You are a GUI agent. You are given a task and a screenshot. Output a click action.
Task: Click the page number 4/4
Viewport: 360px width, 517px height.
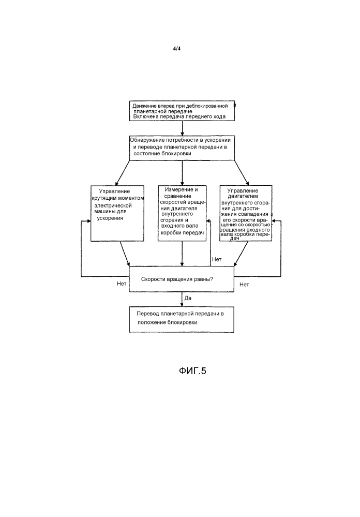click(x=177, y=49)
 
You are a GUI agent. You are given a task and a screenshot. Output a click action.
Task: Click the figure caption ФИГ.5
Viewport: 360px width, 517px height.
click(x=192, y=371)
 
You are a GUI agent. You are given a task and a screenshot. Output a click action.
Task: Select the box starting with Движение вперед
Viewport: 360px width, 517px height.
click(x=182, y=111)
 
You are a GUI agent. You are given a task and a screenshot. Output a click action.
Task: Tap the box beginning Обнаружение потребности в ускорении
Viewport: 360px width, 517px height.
click(x=182, y=148)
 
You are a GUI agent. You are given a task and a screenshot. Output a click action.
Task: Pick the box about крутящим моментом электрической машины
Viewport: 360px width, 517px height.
click(x=117, y=213)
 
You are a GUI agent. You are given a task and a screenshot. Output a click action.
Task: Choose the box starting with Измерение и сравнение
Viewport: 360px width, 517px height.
click(x=182, y=213)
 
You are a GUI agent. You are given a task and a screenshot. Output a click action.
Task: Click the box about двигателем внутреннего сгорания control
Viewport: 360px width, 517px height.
click(x=246, y=213)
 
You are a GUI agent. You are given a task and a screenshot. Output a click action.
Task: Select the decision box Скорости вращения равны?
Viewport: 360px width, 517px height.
click(x=182, y=279)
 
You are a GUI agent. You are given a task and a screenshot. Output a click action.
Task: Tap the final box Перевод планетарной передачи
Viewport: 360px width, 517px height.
click(x=182, y=319)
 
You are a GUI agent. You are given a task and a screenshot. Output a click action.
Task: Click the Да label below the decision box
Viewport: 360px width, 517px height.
click(x=188, y=299)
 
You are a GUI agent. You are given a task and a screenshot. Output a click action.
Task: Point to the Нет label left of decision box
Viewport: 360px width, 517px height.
click(x=122, y=284)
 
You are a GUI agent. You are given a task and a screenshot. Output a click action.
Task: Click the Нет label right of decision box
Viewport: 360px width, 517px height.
click(x=244, y=285)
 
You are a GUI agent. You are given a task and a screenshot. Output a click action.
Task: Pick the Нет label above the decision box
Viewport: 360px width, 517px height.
click(x=217, y=259)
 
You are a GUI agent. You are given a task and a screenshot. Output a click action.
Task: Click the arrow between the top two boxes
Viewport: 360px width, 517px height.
click(x=182, y=128)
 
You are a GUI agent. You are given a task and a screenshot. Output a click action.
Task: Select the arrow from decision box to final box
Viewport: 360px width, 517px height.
click(x=182, y=300)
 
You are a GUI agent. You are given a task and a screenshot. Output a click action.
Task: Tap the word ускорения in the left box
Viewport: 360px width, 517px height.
click(x=110, y=218)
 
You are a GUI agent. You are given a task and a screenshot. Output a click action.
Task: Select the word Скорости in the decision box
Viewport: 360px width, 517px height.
click(x=152, y=279)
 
